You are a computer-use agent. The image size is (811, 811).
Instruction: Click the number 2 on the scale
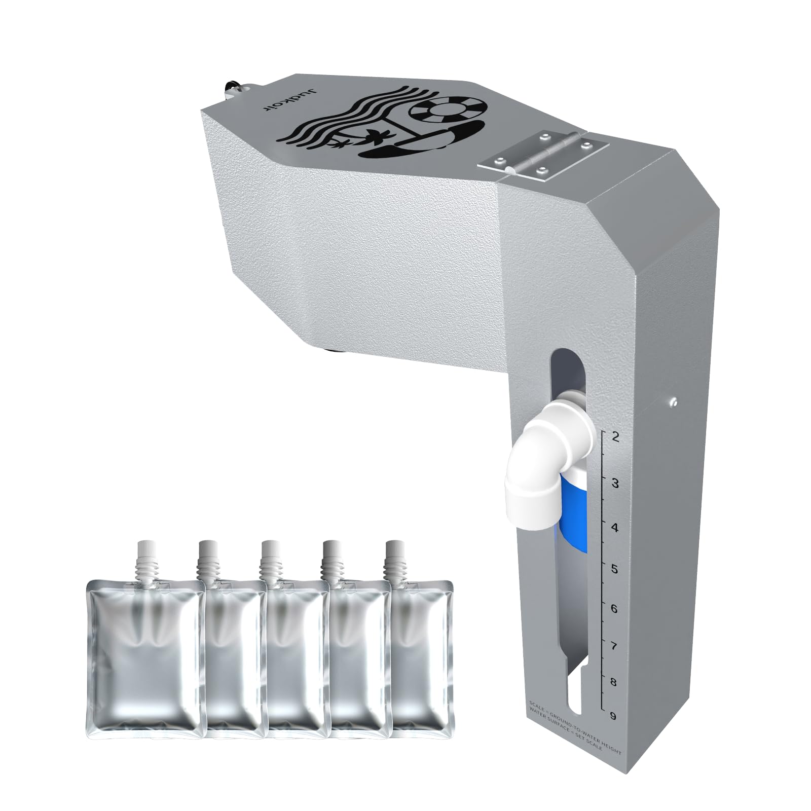[615, 437]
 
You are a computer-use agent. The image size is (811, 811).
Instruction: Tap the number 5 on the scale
[614, 569]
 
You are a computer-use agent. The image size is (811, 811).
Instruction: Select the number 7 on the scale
[614, 646]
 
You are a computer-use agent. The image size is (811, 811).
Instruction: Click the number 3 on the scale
[615, 483]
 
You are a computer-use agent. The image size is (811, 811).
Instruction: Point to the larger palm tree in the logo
[377, 135]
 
